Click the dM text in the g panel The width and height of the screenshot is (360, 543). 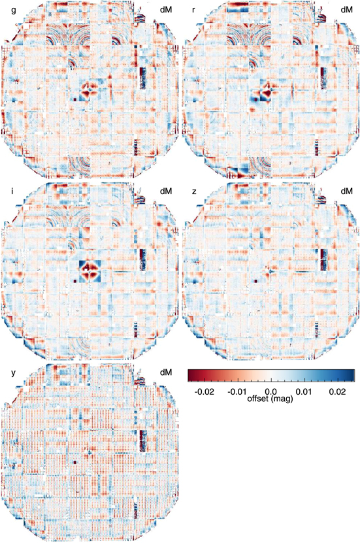(x=166, y=9)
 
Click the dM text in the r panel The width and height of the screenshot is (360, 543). (x=346, y=9)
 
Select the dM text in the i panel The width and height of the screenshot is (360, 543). (x=166, y=191)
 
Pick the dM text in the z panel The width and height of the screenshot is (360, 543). (x=346, y=191)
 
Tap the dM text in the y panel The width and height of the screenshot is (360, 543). (x=166, y=372)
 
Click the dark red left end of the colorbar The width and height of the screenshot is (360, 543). (x=191, y=374)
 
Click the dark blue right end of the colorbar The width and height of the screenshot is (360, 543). (x=352, y=374)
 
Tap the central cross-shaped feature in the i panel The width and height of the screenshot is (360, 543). (x=90, y=269)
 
